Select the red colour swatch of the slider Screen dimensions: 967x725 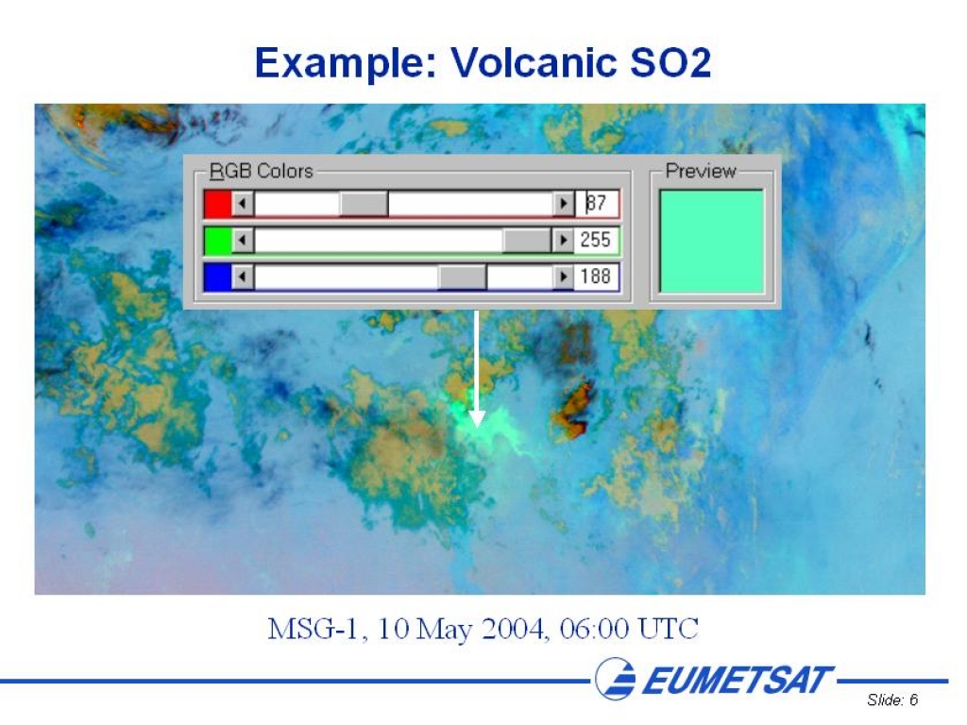coord(218,204)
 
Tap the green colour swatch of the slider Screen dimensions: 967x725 coord(218,241)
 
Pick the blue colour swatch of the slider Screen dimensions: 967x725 coord(218,277)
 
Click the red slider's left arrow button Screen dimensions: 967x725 coord(243,204)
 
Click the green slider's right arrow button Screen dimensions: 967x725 coord(563,241)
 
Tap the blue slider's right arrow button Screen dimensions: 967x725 coord(563,277)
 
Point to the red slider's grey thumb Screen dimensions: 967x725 coord(364,204)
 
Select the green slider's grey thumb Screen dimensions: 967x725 coord(527,241)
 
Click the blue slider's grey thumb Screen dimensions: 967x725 coord(462,277)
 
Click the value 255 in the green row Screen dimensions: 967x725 coord(595,240)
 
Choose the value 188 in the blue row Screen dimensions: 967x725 coord(595,277)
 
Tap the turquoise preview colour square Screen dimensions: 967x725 coord(712,241)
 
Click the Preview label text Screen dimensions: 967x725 coord(701,171)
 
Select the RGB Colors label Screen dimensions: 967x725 coord(262,171)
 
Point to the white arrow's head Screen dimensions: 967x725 coord(477,419)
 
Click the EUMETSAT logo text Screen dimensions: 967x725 coord(738,681)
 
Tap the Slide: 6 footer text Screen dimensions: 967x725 coord(892,700)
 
